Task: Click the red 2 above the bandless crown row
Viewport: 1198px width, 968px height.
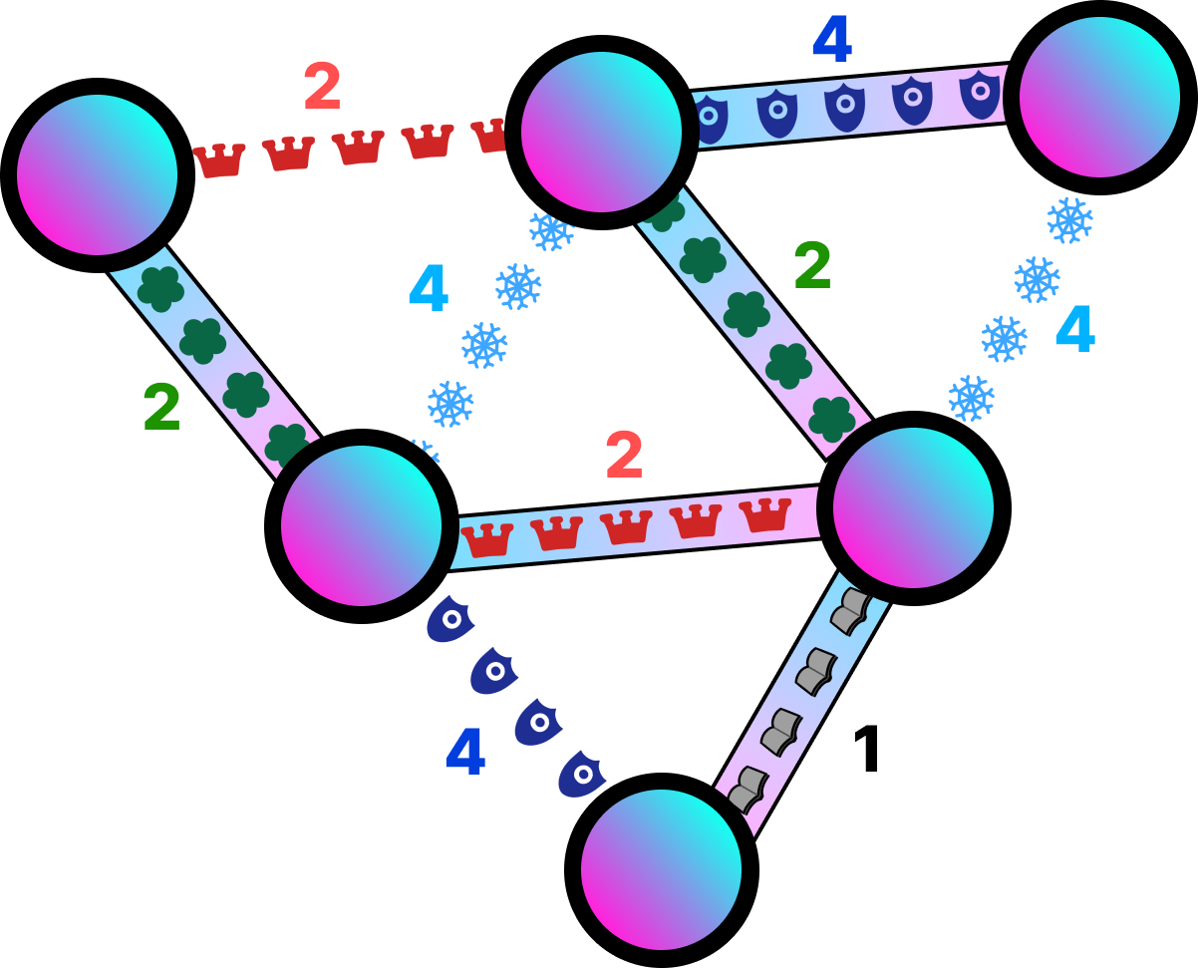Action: click(322, 86)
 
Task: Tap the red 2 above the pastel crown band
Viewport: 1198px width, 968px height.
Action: click(624, 455)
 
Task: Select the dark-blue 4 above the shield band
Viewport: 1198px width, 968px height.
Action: click(831, 39)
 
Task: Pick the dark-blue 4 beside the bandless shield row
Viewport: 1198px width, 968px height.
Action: click(464, 752)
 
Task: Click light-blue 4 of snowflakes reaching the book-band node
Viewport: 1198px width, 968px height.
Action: click(1074, 329)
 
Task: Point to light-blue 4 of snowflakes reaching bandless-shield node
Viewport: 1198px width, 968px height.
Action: click(428, 288)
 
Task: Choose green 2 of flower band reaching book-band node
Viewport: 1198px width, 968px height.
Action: click(811, 265)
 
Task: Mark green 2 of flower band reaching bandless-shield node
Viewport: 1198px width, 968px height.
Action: click(161, 407)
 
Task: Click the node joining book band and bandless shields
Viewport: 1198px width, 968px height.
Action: click(661, 869)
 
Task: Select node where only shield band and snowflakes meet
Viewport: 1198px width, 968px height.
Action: click(1099, 97)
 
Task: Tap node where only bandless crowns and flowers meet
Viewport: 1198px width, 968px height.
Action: click(97, 174)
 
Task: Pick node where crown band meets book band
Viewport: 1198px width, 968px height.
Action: click(913, 507)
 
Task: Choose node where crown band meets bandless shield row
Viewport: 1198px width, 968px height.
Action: click(361, 525)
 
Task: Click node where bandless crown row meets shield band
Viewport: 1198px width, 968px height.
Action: click(601, 132)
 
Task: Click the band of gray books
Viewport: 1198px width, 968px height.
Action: click(801, 702)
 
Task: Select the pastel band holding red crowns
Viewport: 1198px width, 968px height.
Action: click(635, 527)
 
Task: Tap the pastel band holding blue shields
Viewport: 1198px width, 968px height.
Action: click(847, 106)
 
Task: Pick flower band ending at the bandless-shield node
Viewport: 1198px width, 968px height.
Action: click(213, 360)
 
